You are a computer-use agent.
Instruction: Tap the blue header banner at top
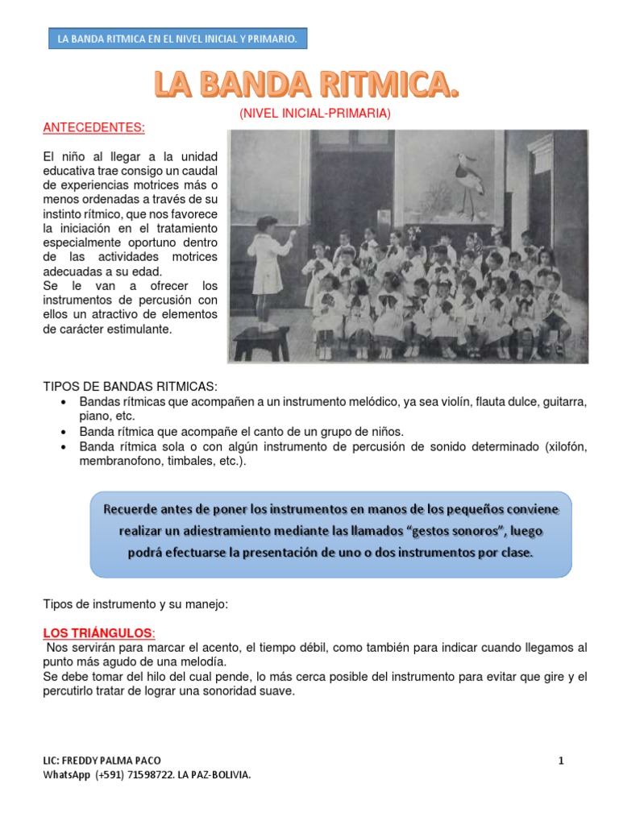177,39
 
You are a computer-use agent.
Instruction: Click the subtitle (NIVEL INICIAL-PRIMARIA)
314,114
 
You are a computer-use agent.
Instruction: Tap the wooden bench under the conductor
261,342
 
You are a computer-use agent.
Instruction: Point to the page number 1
560,760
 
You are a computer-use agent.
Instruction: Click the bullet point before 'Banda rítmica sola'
64,447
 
